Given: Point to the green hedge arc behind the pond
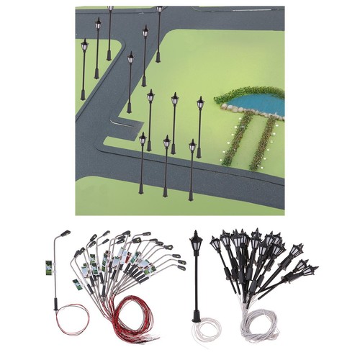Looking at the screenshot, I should click(248, 92).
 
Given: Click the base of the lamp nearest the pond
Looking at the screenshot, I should click(198, 156).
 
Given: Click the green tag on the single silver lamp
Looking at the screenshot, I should click(49, 267).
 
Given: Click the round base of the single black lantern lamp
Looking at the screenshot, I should click(196, 318).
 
